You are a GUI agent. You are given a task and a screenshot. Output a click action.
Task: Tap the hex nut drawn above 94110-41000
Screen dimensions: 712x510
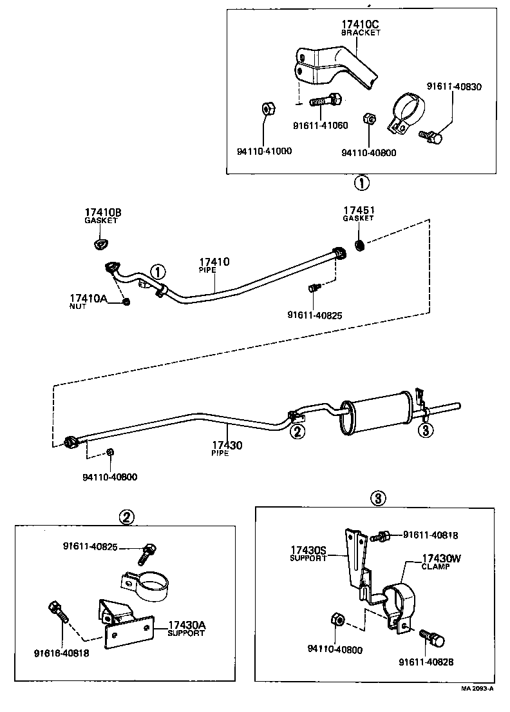coord(269,108)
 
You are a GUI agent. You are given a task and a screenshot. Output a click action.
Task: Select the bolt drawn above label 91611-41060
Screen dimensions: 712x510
coord(326,100)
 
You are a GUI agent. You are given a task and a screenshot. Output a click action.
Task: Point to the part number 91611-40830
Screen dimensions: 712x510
coord(453,86)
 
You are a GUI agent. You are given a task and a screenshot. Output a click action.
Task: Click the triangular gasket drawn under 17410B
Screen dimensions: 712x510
coord(99,243)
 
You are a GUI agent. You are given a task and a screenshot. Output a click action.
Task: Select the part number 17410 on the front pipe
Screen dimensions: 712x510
coord(213,262)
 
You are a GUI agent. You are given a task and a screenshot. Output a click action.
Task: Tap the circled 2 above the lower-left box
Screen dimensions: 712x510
coord(127,516)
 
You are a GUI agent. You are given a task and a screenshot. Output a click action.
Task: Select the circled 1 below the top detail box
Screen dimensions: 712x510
coord(361,183)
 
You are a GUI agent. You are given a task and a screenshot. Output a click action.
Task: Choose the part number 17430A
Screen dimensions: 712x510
coord(187,625)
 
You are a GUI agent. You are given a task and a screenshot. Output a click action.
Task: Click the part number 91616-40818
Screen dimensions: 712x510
coord(61,653)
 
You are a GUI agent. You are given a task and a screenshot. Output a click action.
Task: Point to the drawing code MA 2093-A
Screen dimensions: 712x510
coord(477,688)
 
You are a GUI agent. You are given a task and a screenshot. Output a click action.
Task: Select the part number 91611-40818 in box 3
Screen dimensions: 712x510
coord(431,534)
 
